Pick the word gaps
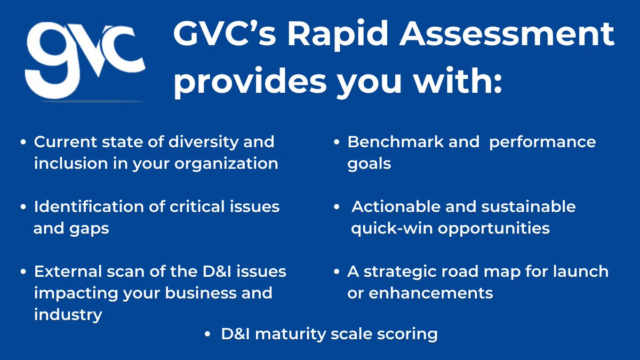tap(90, 228)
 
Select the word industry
tap(68, 315)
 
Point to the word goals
tap(369, 163)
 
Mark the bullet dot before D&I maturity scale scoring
tap(208, 335)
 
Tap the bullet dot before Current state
tap(23, 142)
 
